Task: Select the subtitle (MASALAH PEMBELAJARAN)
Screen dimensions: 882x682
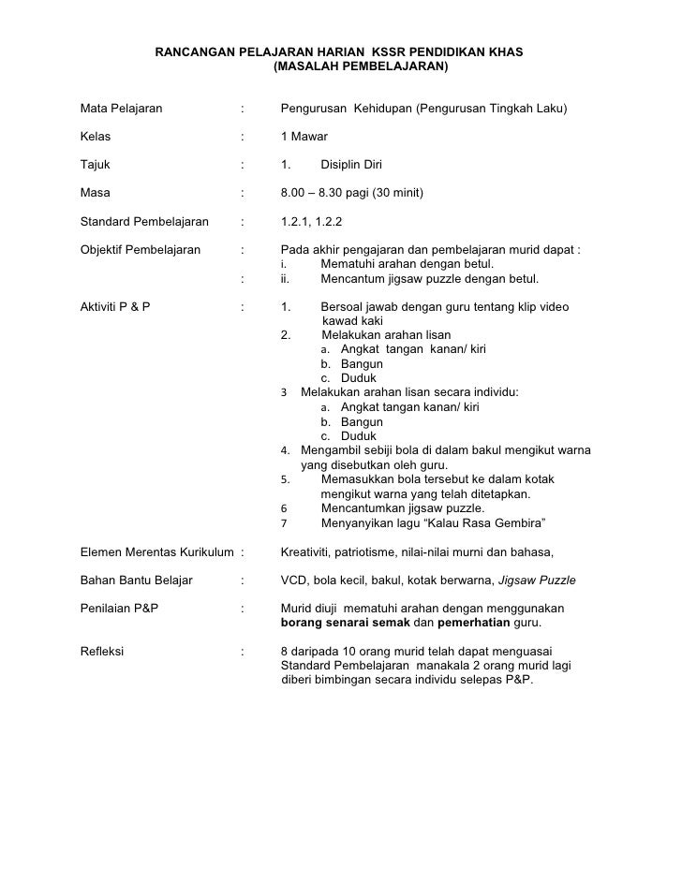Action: [360, 68]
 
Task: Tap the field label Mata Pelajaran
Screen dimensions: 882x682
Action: [122, 109]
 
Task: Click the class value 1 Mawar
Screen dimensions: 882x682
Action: [304, 137]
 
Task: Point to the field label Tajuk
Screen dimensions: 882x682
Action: [96, 165]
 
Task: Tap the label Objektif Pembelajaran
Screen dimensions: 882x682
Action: [141, 251]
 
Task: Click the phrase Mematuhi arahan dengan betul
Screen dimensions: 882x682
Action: [407, 265]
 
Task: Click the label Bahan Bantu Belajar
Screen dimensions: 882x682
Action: [137, 580]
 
